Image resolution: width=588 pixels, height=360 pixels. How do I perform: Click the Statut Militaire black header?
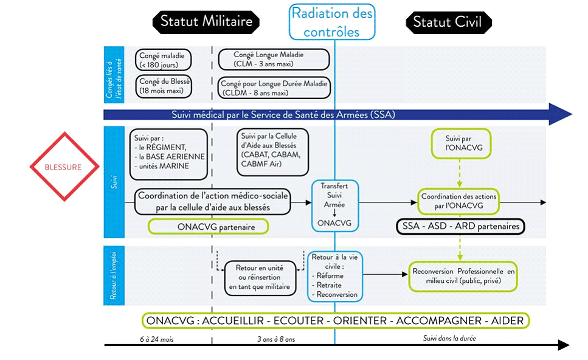coord(206,22)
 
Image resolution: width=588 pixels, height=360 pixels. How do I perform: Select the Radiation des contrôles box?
coord(332,22)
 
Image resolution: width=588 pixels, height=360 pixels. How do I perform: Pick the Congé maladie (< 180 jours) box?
coord(164,60)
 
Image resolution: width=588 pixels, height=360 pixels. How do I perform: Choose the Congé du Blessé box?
coord(164,86)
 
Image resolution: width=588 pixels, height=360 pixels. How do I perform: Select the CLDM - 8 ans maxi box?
coord(274,88)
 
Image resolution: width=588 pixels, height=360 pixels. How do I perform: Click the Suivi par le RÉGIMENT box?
coord(169,154)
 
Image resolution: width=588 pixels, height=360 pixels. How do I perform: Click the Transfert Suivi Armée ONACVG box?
coord(334,206)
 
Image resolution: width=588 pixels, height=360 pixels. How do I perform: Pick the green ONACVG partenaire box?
coord(209,227)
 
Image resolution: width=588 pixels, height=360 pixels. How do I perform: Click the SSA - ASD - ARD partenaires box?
coord(460,226)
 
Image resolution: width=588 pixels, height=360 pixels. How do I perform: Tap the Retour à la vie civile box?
coord(335,276)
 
